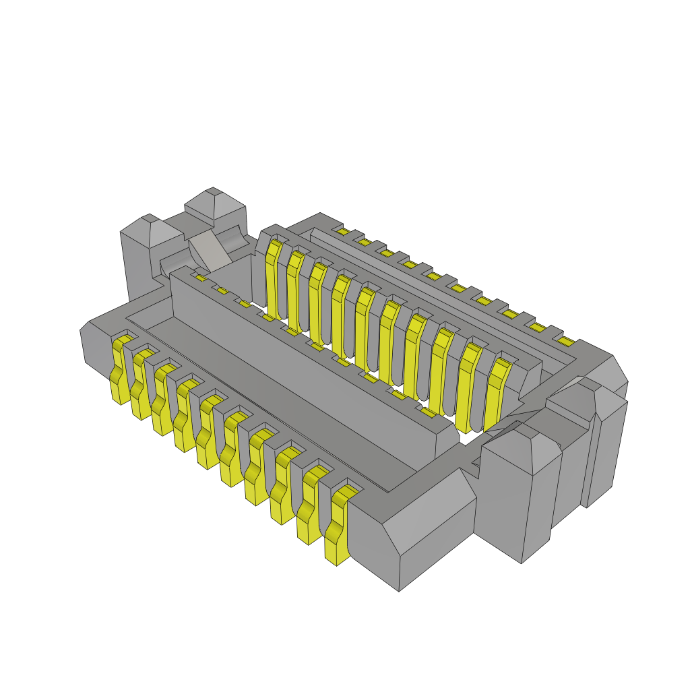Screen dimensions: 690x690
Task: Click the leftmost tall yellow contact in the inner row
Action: [273, 276]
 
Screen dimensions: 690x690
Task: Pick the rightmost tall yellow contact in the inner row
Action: [494, 398]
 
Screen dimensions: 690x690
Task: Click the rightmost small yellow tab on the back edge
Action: [565, 342]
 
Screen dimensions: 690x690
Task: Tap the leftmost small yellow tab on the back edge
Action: [343, 232]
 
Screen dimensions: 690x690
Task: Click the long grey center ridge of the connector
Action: [303, 364]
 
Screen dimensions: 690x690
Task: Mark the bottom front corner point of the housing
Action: [399, 590]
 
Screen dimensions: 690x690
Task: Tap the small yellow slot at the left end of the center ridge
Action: [200, 278]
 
